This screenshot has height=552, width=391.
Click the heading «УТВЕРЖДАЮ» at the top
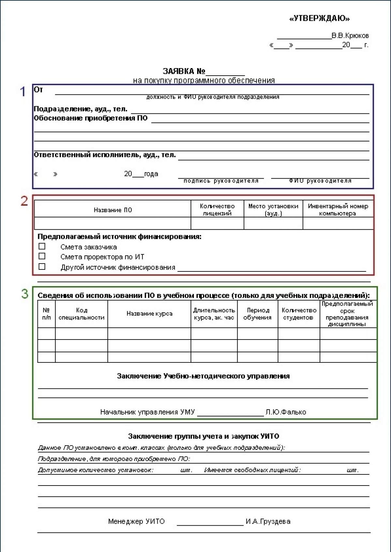[x=319, y=19]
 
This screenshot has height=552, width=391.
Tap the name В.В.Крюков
[x=350, y=36]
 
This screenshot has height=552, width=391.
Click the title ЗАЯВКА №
[x=184, y=71]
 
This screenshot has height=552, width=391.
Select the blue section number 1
[x=23, y=92]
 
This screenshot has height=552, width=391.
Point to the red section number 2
[x=24, y=201]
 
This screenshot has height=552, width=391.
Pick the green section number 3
[x=25, y=294]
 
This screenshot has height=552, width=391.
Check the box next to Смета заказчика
[x=42, y=246]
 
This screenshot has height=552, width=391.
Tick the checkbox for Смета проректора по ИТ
[x=42, y=256]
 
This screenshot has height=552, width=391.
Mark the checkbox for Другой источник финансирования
[x=42, y=267]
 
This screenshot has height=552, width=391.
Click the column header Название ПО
[x=113, y=210]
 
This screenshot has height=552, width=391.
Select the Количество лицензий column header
[x=217, y=210]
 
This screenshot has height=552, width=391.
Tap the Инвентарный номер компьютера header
[x=338, y=210]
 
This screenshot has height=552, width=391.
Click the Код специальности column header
[x=81, y=314]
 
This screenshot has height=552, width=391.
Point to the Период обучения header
[x=257, y=314]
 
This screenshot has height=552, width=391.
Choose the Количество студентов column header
[x=299, y=314]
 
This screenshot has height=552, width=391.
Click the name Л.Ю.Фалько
[x=286, y=412]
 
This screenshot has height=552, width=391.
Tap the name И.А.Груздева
[x=268, y=521]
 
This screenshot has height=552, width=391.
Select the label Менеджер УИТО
[x=136, y=521]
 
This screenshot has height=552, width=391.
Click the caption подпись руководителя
[x=221, y=181]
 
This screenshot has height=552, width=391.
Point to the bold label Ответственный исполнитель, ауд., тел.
[x=105, y=155]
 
